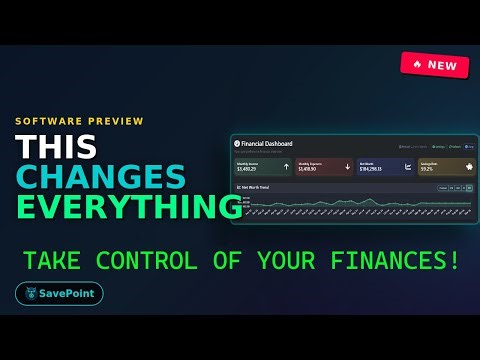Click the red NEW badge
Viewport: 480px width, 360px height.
point(434,64)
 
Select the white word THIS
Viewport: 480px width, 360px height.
point(56,146)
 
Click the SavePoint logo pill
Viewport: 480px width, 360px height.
point(59,294)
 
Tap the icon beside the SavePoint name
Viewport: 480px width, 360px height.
point(33,294)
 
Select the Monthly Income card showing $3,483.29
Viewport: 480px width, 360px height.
point(263,168)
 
